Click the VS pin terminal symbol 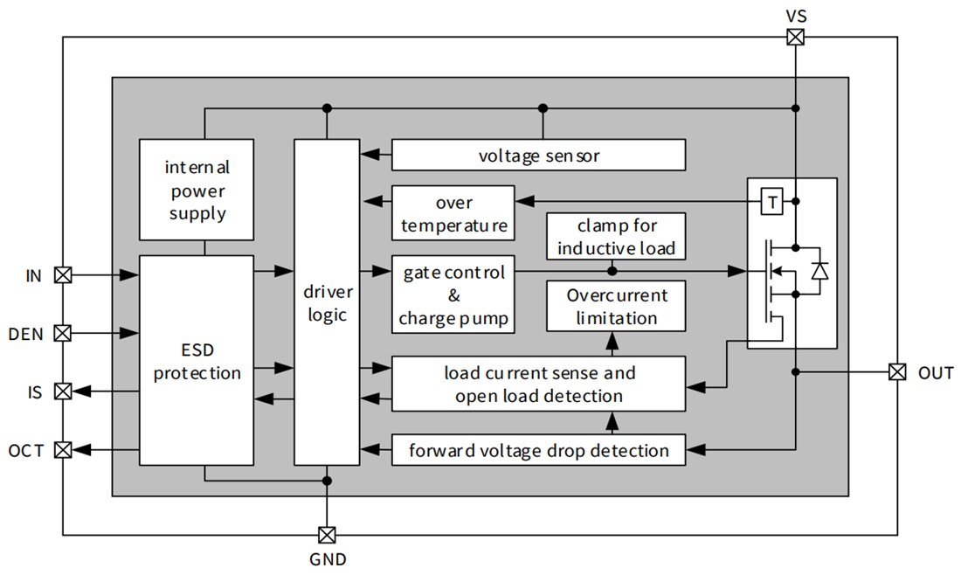795,37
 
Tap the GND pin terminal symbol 327,534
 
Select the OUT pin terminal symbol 897,371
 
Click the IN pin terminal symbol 63,275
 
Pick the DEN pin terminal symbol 63,333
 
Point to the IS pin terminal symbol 63,391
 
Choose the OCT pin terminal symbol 63,450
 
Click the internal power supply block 197,190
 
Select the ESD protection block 197,360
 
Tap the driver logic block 327,301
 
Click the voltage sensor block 538,156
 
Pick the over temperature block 453,213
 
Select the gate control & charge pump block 453,294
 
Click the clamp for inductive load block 616,237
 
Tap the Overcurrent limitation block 616,306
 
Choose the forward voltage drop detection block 538,450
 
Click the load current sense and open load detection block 538,384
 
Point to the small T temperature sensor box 772,202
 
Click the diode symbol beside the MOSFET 819,272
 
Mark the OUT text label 936,373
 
